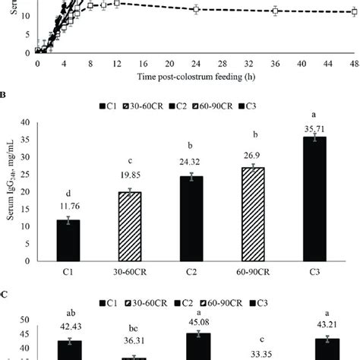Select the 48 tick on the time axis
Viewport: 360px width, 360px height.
[353, 67]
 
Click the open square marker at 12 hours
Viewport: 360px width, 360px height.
[116, 3]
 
